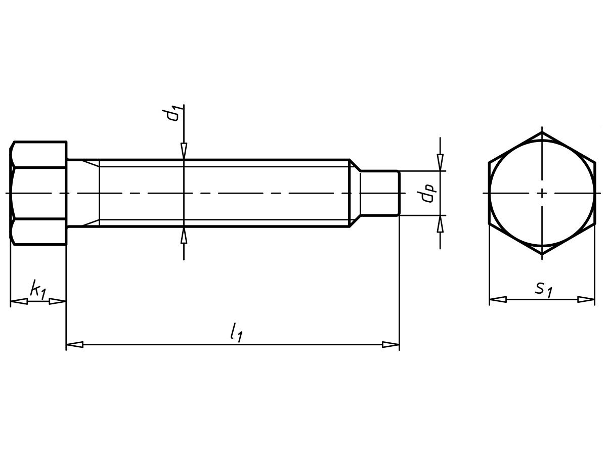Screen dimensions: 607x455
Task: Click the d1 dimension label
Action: pyautogui.click(x=173, y=114)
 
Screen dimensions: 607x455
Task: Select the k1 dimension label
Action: pyautogui.click(x=38, y=290)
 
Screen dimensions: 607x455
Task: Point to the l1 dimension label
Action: pyautogui.click(x=236, y=332)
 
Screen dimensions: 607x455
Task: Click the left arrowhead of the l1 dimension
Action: pyautogui.click(x=75, y=344)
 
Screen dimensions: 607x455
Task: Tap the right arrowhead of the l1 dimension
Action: pyautogui.click(x=391, y=344)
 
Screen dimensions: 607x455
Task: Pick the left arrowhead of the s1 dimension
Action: pyautogui.click(x=498, y=299)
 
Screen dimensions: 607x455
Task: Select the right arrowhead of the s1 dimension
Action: pyautogui.click(x=586, y=299)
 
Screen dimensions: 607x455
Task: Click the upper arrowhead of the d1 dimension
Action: pyautogui.click(x=184, y=151)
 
